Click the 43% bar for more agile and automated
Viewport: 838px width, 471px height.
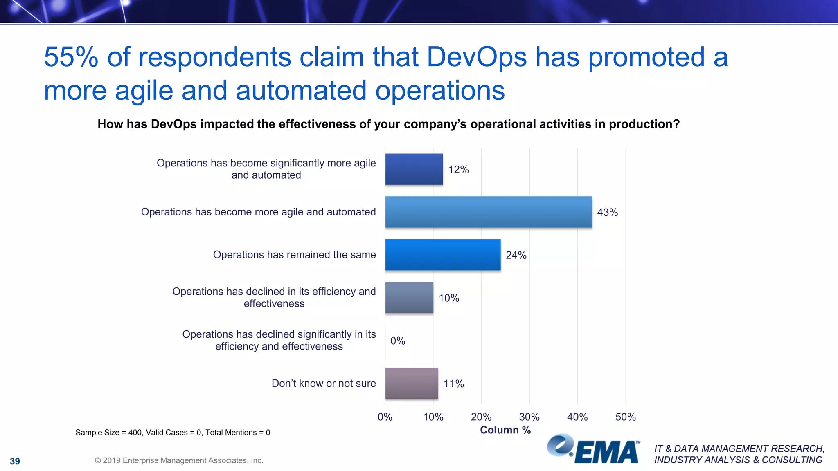click(489, 212)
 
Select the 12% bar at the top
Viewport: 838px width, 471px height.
click(414, 169)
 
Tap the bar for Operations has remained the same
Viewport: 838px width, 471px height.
click(443, 255)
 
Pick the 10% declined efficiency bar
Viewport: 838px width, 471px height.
click(409, 298)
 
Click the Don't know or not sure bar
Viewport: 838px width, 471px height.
click(411, 383)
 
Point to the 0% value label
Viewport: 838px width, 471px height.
click(397, 341)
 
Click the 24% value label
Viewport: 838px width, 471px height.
click(516, 255)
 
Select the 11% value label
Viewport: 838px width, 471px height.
click(453, 384)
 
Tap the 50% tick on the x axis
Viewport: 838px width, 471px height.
click(625, 417)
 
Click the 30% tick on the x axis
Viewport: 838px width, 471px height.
click(529, 417)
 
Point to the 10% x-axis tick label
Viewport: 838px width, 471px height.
click(433, 417)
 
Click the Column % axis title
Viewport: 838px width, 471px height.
click(505, 430)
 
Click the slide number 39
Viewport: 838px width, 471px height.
click(15, 461)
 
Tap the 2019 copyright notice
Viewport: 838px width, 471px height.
click(179, 460)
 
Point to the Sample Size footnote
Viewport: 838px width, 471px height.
click(173, 433)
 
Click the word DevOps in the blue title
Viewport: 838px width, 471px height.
click(477, 57)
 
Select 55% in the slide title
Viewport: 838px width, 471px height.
click(71, 57)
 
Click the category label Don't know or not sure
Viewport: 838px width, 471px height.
click(324, 384)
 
